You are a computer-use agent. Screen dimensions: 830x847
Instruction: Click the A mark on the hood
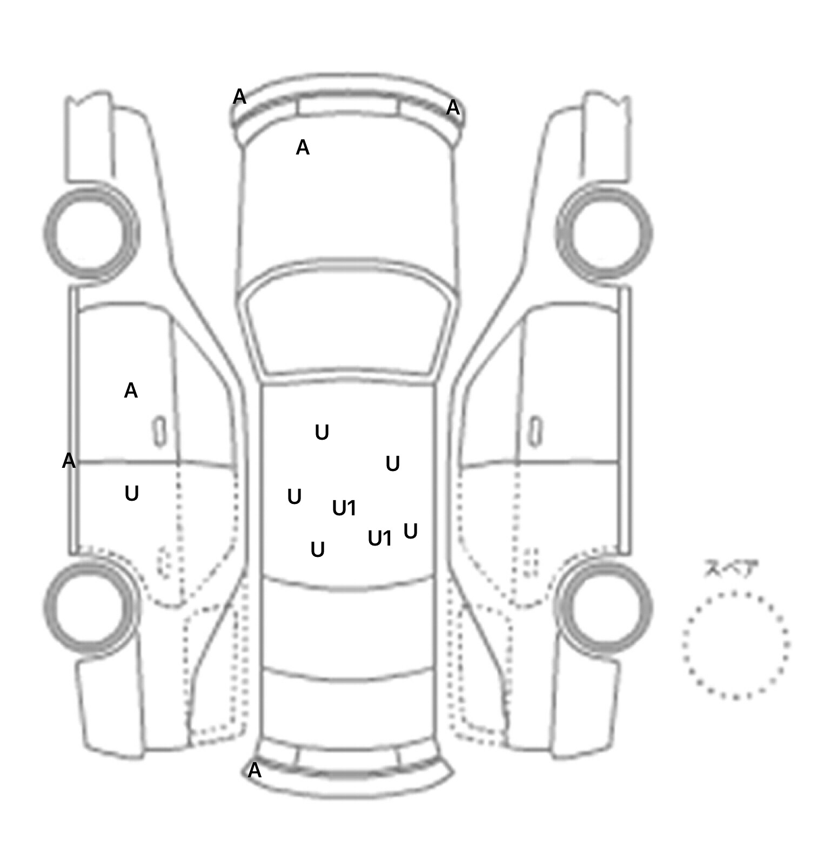[303, 147]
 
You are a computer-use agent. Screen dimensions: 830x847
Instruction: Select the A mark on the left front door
[131, 390]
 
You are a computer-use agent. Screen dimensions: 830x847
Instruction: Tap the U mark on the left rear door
[132, 493]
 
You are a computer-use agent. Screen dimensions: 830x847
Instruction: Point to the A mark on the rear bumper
[255, 770]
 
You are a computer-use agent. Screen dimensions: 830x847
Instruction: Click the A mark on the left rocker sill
[69, 461]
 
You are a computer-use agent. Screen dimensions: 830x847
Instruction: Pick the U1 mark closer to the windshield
[344, 508]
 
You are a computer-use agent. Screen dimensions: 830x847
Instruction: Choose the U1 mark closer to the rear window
[380, 538]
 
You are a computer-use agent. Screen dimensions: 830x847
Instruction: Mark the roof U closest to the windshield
[322, 432]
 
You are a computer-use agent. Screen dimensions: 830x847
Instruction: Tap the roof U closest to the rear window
[318, 549]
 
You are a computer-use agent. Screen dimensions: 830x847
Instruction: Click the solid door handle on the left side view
[159, 432]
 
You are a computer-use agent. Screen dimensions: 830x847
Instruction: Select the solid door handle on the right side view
[536, 432]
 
